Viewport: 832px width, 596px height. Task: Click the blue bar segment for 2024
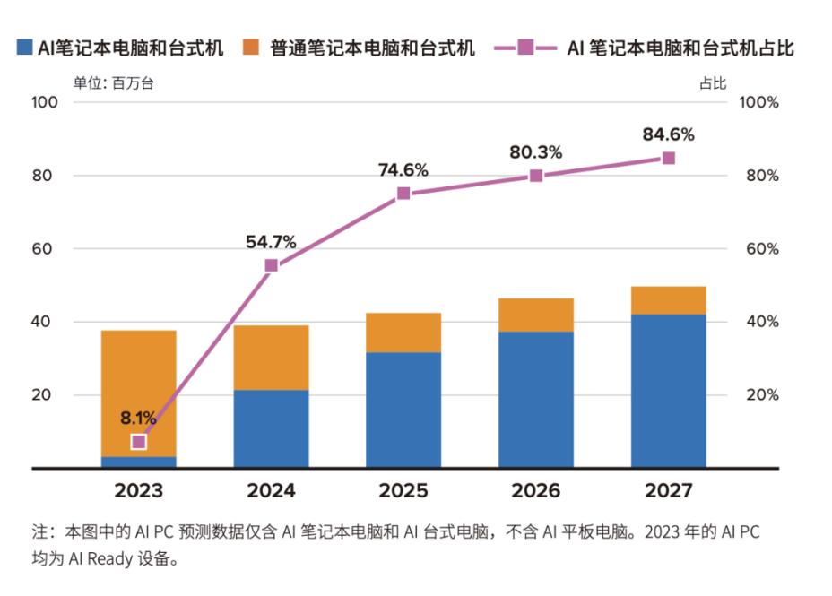coord(271,428)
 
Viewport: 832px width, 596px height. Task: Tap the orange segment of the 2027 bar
coord(668,300)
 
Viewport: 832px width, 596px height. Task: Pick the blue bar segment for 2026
coord(536,400)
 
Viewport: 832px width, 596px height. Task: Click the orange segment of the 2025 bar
coord(403,333)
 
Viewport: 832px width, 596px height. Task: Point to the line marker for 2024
coord(271,265)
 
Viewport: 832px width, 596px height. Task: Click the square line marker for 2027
coord(668,158)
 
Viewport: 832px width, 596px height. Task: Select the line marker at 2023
coord(138,441)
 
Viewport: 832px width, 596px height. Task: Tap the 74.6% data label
coord(403,169)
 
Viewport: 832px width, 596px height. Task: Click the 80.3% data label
coord(536,152)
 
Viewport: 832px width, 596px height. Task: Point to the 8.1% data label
coord(139,417)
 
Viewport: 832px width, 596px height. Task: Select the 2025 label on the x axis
coord(403,491)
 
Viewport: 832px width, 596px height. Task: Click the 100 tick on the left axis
coord(45,102)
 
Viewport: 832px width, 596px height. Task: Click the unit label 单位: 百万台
coord(113,83)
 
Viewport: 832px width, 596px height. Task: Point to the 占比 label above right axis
coord(713,83)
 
